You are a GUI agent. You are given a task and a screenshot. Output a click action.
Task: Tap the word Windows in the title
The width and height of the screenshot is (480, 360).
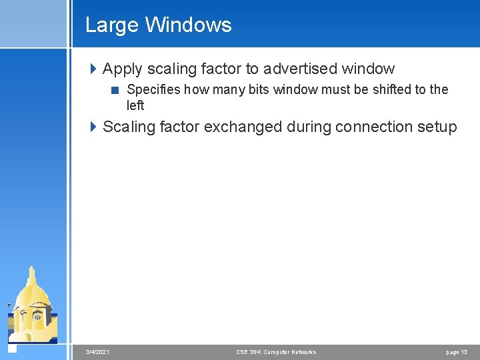188,25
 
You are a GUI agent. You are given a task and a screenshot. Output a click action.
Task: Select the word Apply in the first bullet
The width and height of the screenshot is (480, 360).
121,69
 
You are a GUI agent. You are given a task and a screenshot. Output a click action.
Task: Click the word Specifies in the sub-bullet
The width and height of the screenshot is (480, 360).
154,89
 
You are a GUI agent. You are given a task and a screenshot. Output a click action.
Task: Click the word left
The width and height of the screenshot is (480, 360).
135,105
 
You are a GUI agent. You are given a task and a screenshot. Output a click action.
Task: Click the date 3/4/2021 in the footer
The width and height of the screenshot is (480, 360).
98,352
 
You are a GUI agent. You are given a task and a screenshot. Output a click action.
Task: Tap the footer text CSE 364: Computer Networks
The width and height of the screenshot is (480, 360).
276,352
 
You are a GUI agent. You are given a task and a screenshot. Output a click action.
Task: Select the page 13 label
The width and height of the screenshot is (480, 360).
456,352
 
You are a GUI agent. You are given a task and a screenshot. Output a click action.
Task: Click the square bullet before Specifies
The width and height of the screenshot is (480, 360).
116,90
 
